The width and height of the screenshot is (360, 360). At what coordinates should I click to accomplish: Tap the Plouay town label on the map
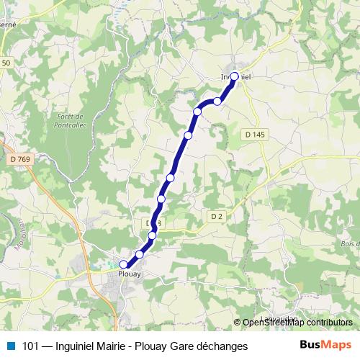[129, 274]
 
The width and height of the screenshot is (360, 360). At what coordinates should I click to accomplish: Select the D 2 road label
[216, 215]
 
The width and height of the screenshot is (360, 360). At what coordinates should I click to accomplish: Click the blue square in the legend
[10, 346]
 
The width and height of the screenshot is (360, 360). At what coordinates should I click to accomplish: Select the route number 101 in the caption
[32, 346]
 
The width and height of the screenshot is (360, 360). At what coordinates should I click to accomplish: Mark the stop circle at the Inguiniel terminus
[234, 76]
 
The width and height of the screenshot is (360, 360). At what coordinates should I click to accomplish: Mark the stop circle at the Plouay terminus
[124, 265]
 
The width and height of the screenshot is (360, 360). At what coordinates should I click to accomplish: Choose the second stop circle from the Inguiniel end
[217, 102]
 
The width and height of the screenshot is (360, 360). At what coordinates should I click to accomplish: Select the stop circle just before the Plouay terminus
[139, 254]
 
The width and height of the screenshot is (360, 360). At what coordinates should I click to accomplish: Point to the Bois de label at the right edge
[347, 245]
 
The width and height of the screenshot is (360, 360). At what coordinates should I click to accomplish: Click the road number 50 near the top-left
[6, 63]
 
